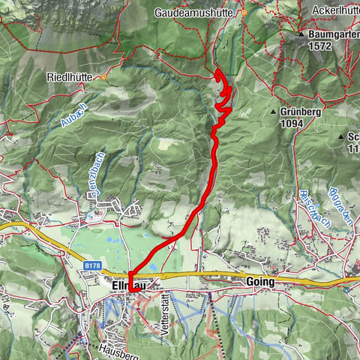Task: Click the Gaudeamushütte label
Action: pos(197,12)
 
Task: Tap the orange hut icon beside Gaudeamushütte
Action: pos(244,13)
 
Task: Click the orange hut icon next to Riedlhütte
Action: pos(104,76)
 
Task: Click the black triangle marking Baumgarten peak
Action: pos(301,34)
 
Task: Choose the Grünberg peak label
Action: pos(300,111)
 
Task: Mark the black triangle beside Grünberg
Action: pos(274,112)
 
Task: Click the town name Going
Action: pos(259,281)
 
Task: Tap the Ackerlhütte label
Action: pos(337,12)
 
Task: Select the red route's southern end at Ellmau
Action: pos(130,289)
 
